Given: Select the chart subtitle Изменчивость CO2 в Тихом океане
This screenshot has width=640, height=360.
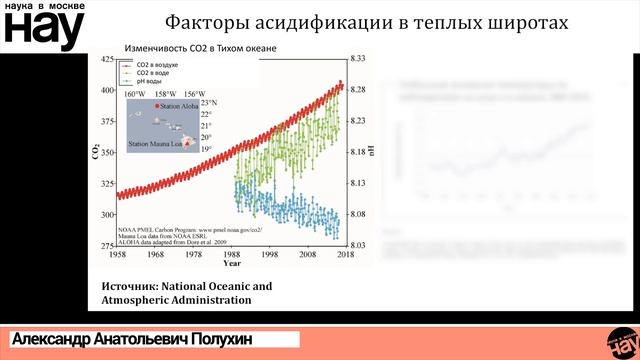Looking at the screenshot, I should tap(198, 48).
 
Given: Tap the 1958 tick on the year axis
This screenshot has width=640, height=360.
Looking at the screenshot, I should tap(117, 255).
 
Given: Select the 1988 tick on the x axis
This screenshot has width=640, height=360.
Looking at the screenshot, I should tap(231, 255).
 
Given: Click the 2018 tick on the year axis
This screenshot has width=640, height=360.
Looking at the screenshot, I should tap(345, 255).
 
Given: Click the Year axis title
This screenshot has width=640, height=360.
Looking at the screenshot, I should tap(231, 264).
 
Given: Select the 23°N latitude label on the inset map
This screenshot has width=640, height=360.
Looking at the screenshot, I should tap(209, 103).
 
